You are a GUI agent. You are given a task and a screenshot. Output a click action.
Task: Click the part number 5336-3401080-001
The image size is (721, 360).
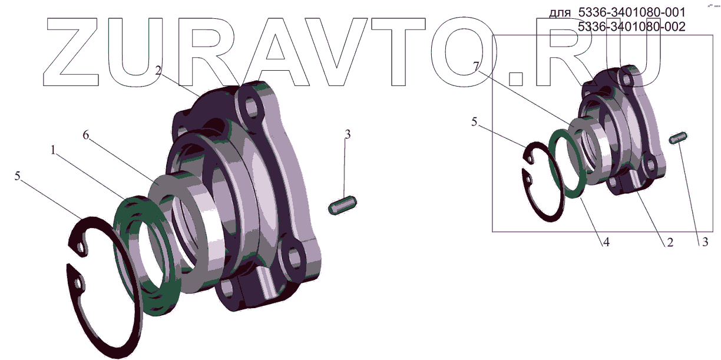pyautogui.click(x=631, y=12)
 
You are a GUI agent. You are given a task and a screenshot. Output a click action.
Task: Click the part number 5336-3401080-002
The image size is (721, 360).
pyautogui.click(x=631, y=27)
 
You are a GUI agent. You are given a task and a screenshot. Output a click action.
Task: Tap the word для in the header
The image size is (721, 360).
pyautogui.click(x=560, y=14)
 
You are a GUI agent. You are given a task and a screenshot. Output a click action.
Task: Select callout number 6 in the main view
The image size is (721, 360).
pyautogui.click(x=85, y=135)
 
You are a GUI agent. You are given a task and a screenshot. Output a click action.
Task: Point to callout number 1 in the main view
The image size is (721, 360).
pyautogui.click(x=53, y=150)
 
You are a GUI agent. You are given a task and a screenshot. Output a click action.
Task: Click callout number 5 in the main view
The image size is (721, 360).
pyautogui.click(x=18, y=176)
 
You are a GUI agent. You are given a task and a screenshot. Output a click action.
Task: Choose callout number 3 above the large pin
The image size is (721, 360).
pyautogui.click(x=348, y=134)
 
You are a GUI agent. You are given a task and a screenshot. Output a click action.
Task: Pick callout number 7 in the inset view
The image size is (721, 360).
pyautogui.click(x=477, y=66)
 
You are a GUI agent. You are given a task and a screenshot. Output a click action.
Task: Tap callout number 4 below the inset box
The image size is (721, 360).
pyautogui.click(x=606, y=242)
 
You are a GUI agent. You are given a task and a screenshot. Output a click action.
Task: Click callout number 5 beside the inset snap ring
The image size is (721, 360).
pyautogui.click(x=474, y=122)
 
